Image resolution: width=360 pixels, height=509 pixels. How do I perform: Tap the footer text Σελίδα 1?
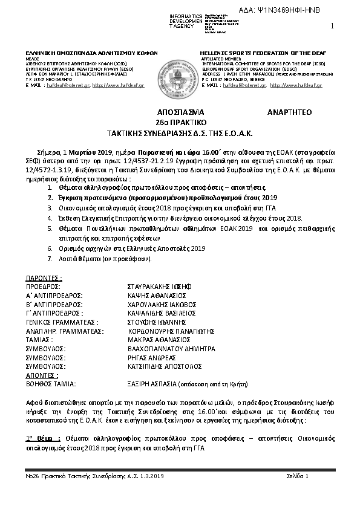298,476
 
